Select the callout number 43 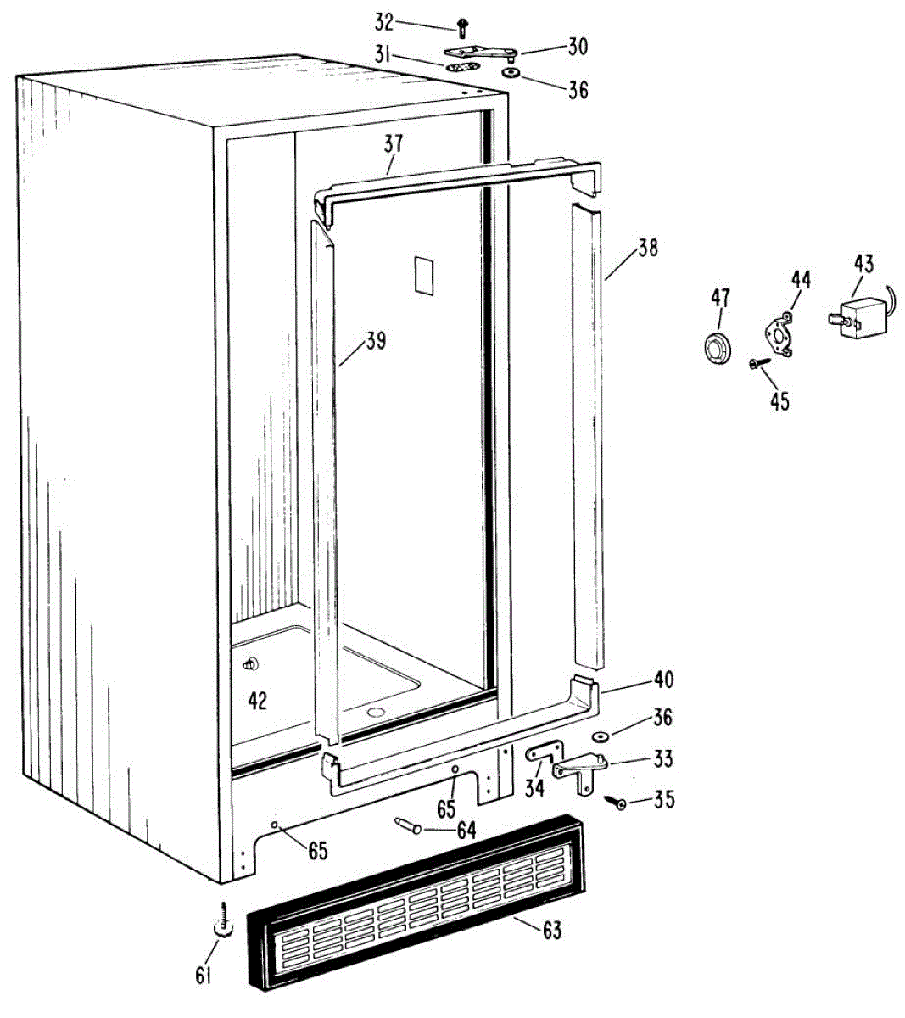click(x=863, y=264)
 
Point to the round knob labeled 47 click(x=718, y=347)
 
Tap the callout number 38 click(x=648, y=248)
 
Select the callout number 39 click(x=375, y=340)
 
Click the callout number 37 click(x=393, y=143)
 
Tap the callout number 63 click(x=551, y=931)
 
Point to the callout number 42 click(x=256, y=700)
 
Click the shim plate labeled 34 click(x=543, y=750)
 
